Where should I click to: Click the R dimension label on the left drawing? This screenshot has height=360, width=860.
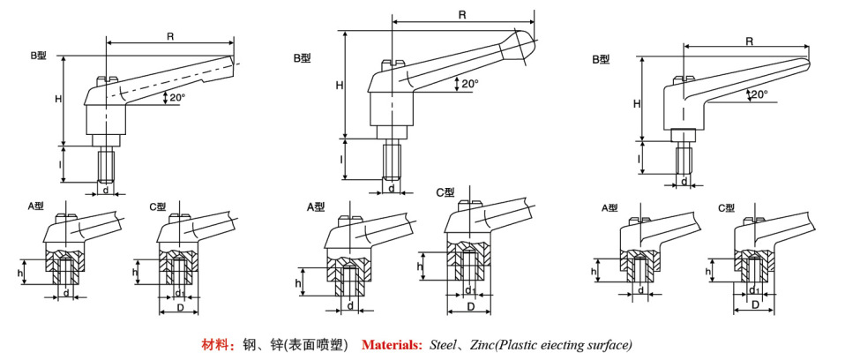[170, 36]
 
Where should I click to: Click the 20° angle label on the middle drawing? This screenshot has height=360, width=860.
[470, 84]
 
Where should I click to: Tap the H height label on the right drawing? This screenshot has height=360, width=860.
[637, 103]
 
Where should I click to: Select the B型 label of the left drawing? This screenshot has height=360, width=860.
[39, 56]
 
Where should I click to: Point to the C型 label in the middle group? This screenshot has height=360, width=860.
[445, 192]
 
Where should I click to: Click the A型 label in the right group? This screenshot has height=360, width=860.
[609, 208]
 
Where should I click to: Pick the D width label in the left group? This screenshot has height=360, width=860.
[179, 307]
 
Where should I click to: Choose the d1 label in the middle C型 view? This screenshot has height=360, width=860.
[470, 290]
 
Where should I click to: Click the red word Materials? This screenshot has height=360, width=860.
[393, 345]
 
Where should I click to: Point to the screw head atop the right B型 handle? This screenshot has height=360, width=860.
[683, 80]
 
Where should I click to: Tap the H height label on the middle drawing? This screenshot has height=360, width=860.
[340, 85]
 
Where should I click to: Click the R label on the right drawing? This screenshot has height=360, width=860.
[749, 41]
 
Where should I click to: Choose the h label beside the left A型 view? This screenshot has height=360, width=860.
[21, 272]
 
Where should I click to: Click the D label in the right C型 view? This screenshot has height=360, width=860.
[755, 305]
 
